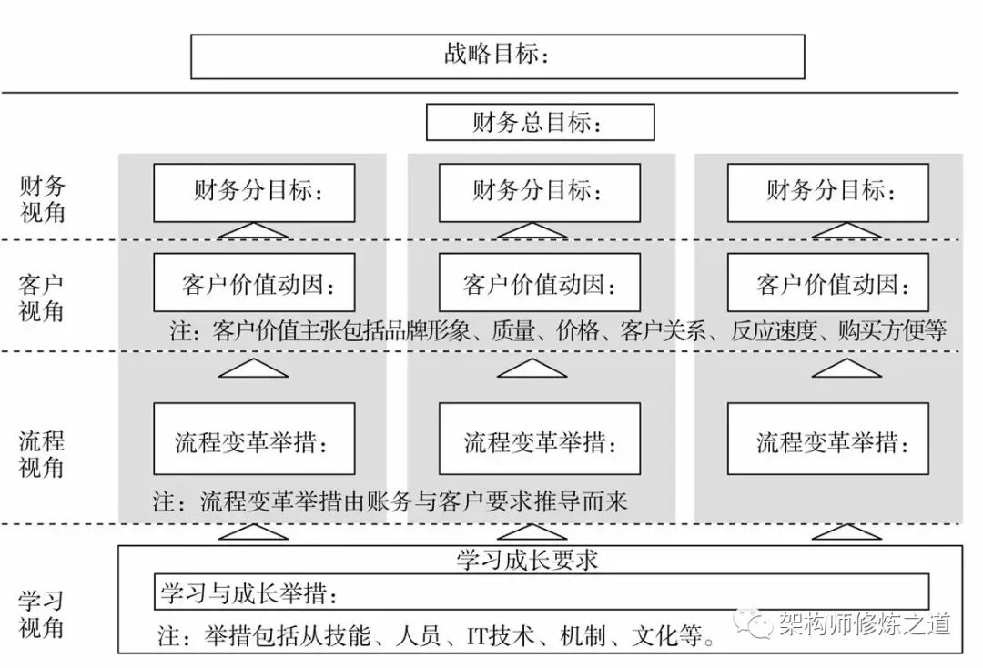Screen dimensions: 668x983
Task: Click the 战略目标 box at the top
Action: tap(497, 56)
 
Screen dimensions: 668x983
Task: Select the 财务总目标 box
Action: tap(540, 122)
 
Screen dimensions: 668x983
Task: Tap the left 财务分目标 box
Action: tap(254, 192)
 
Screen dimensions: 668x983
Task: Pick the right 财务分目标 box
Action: tap(828, 192)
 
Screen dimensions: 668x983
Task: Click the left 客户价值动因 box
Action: tap(254, 283)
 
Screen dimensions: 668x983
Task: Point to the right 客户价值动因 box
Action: tap(828, 283)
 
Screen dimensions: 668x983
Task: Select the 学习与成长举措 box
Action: tap(542, 592)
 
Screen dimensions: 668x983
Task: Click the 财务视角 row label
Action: tap(43, 199)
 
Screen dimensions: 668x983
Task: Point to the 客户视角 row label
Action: tap(43, 297)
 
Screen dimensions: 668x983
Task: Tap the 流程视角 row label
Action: tap(43, 455)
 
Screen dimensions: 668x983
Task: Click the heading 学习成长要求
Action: tap(528, 559)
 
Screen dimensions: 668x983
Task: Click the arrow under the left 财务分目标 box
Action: tap(254, 231)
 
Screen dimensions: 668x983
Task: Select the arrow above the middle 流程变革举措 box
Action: tap(532, 368)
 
